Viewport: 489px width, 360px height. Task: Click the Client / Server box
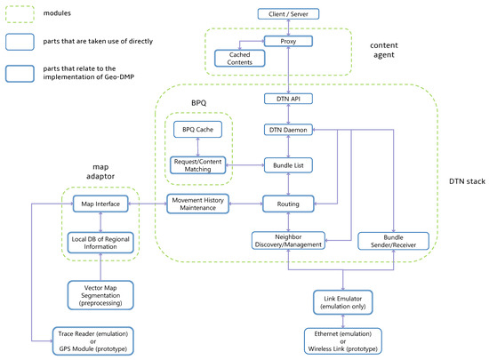click(288, 14)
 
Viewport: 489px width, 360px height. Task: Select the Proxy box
click(288, 41)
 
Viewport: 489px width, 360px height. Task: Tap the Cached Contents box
click(239, 59)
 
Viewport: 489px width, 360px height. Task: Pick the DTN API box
click(288, 99)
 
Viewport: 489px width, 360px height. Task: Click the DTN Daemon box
click(288, 130)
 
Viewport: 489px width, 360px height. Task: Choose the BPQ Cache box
click(197, 130)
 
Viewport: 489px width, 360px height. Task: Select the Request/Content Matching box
click(197, 165)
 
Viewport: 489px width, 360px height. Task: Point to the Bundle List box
click(288, 165)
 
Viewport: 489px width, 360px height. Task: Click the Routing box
click(288, 204)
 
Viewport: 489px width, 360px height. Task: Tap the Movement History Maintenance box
click(197, 204)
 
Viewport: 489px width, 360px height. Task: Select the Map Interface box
click(100, 204)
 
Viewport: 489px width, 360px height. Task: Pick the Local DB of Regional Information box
click(100, 243)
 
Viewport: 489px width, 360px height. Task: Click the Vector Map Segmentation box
click(100, 295)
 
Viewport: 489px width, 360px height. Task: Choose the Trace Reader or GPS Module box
click(93, 341)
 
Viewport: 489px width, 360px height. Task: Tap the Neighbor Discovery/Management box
click(288, 241)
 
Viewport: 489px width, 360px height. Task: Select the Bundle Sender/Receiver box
click(393, 241)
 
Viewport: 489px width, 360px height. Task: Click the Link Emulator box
click(342, 302)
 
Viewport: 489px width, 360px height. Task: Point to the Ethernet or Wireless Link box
click(342, 341)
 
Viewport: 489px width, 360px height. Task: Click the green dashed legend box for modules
click(20, 14)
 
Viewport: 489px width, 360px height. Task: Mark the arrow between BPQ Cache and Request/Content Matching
click(197, 148)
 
